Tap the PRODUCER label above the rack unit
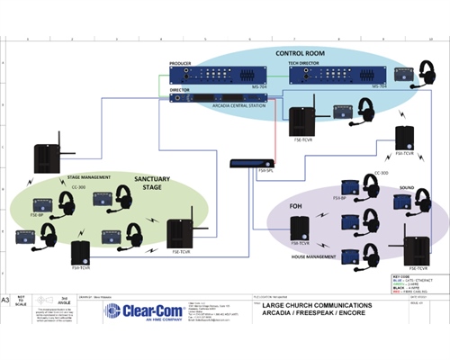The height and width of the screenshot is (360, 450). (x=182, y=65)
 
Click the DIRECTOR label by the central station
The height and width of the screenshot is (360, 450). (x=179, y=90)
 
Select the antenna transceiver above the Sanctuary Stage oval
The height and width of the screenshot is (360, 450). (x=47, y=157)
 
